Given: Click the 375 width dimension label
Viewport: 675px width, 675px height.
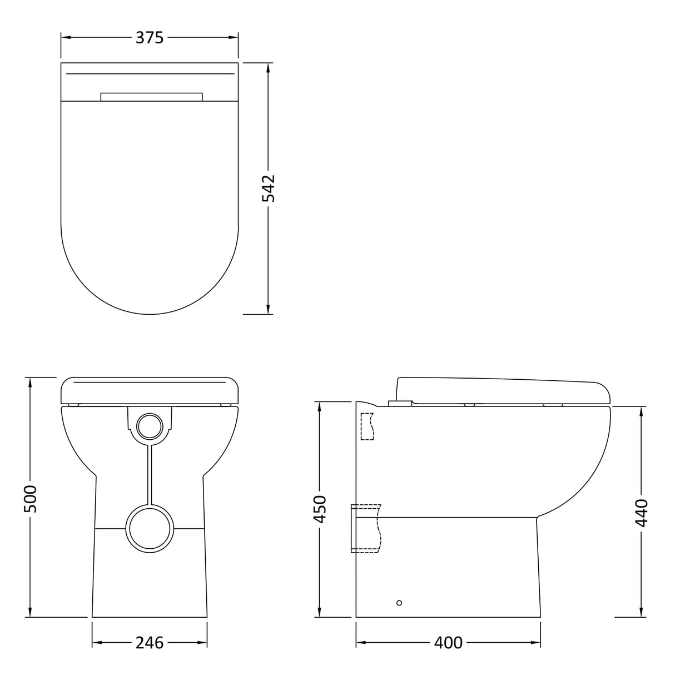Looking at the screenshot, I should [150, 37].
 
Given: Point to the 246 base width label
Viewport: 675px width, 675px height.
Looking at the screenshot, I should [150, 642].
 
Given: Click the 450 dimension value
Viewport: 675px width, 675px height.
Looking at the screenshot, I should [320, 509].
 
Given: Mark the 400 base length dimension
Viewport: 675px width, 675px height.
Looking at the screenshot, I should [448, 642].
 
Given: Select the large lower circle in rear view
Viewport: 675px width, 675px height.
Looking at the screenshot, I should [150, 528].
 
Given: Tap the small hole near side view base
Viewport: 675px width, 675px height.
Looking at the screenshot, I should [399, 603].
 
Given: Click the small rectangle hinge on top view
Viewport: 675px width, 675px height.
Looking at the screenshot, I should [151, 97].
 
